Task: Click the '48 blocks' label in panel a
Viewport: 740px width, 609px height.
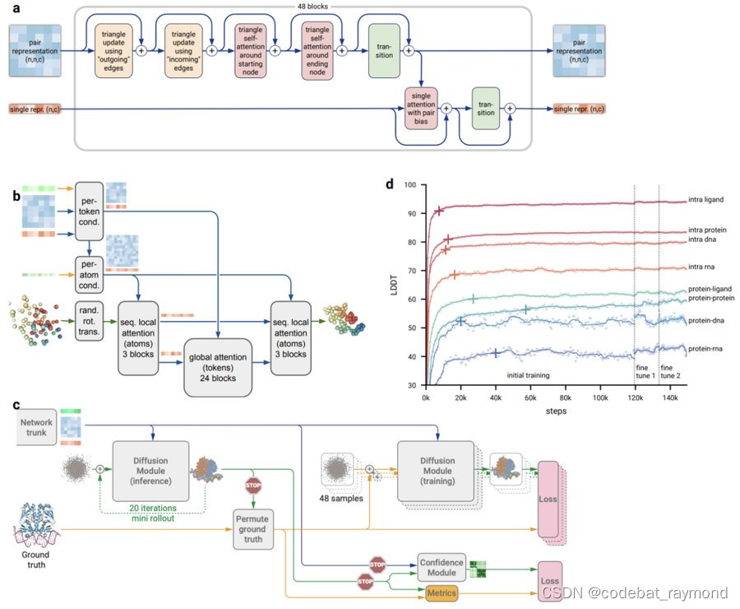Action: pyautogui.click(x=312, y=6)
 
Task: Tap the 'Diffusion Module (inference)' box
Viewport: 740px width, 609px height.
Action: pyautogui.click(x=150, y=469)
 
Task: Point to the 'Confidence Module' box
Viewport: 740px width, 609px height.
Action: pyautogui.click(x=442, y=567)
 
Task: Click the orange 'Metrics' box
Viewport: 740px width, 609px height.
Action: pyautogui.click(x=442, y=593)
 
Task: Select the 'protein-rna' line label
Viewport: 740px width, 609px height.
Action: pyautogui.click(x=705, y=349)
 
